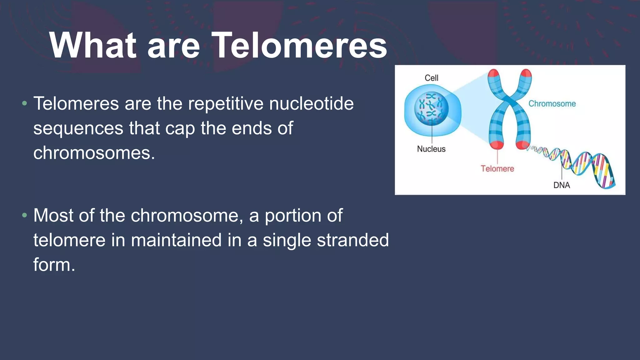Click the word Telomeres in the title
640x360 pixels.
(x=299, y=46)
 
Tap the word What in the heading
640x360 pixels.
(x=93, y=46)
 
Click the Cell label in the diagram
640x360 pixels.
(x=431, y=78)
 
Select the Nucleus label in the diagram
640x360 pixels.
(x=431, y=149)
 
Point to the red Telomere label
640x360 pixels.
(x=497, y=169)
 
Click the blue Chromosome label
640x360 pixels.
(x=552, y=104)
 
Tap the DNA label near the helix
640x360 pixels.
(x=562, y=185)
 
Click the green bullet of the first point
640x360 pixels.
(x=25, y=103)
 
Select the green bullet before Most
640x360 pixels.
(x=25, y=215)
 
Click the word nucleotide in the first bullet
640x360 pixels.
(x=311, y=103)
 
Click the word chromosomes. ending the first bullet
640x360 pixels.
(x=94, y=153)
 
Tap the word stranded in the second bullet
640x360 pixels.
(x=353, y=240)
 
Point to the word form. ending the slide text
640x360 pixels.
(x=54, y=265)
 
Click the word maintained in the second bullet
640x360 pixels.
(x=176, y=240)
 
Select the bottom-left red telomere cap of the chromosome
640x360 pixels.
(x=496, y=145)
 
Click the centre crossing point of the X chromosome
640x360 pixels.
(x=510, y=102)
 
